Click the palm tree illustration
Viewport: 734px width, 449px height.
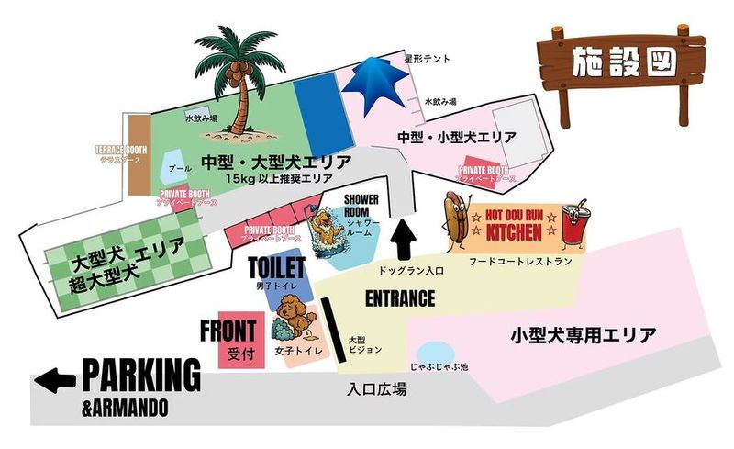[240, 73]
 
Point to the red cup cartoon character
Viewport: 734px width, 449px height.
[573, 224]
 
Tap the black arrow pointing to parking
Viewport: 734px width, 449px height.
[57, 376]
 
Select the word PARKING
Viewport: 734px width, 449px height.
[141, 375]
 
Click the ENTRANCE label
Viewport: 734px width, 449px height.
[399, 298]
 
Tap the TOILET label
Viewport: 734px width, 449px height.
[275, 269]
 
